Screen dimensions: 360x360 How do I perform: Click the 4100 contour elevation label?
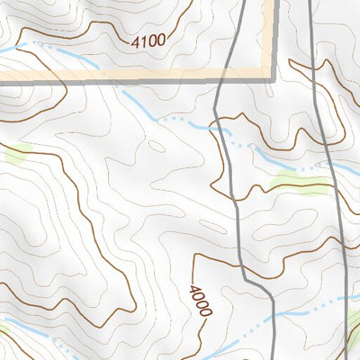148,40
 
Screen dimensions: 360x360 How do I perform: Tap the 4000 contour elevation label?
200,300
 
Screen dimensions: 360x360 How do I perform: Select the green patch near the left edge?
16,155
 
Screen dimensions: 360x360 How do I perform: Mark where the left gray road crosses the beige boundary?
224,77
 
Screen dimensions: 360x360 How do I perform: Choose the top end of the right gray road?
311,3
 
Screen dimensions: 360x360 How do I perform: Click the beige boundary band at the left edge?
4,78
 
